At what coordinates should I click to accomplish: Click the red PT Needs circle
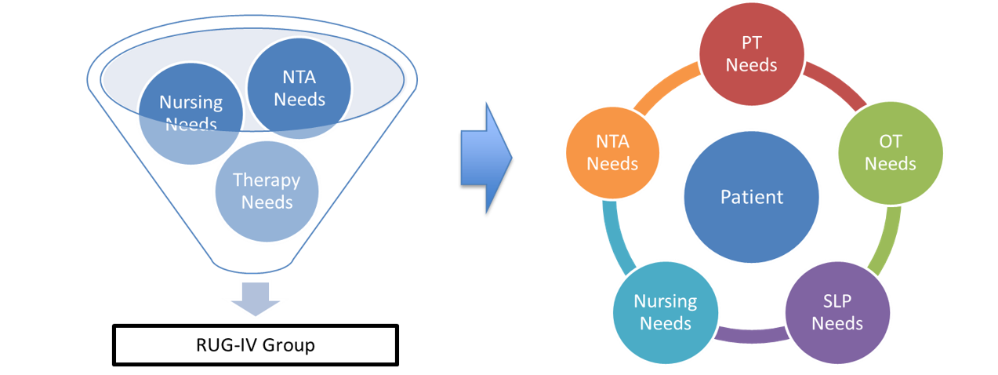751,53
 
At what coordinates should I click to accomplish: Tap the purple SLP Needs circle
837,313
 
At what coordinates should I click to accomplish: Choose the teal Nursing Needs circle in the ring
665,311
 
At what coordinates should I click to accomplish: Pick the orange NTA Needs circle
612,154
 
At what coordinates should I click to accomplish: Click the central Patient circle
751,196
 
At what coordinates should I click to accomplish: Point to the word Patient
751,196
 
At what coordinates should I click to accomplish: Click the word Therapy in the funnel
267,180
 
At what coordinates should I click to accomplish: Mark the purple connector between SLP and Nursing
751,337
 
